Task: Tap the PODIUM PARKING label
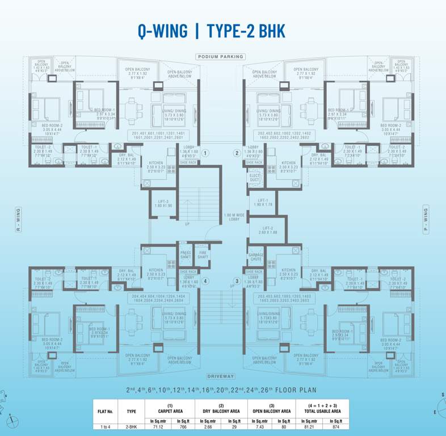221,57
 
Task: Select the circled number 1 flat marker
205,153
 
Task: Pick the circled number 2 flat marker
237,153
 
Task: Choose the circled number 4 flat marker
207,280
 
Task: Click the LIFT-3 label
162,203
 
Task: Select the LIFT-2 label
266,230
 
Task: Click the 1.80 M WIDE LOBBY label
234,218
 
